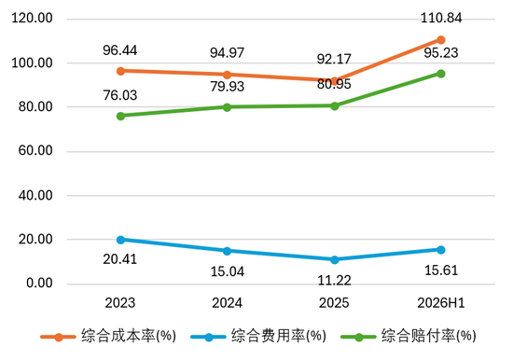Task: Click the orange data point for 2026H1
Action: pyautogui.click(x=440, y=40)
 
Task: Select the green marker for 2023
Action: pyautogui.click(x=120, y=116)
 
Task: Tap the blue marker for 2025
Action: pyautogui.click(x=334, y=259)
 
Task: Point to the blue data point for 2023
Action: pyautogui.click(x=120, y=240)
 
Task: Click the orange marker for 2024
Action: pyautogui.click(x=227, y=75)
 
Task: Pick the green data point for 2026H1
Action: pyautogui.click(x=440, y=74)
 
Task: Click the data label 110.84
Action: pyautogui.click(x=440, y=18)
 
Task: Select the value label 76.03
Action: pyautogui.click(x=120, y=95)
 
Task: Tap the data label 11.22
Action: pyautogui.click(x=334, y=281)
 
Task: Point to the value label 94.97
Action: pyautogui.click(x=227, y=52)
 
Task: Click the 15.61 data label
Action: pyautogui.click(x=441, y=270)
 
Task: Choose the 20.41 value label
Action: pyautogui.click(x=120, y=259)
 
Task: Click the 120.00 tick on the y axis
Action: pyautogui.click(x=32, y=18)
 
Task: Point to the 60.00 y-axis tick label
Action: pyautogui.click(x=35, y=150)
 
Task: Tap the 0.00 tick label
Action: pyautogui.click(x=39, y=284)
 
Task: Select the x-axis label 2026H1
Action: pyautogui.click(x=440, y=303)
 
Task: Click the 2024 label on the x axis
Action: pyautogui.click(x=227, y=303)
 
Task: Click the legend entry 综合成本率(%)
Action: pyautogui.click(x=108, y=336)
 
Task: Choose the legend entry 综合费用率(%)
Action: pyautogui.click(x=258, y=336)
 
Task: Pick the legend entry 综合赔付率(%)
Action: pyautogui.click(x=409, y=336)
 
